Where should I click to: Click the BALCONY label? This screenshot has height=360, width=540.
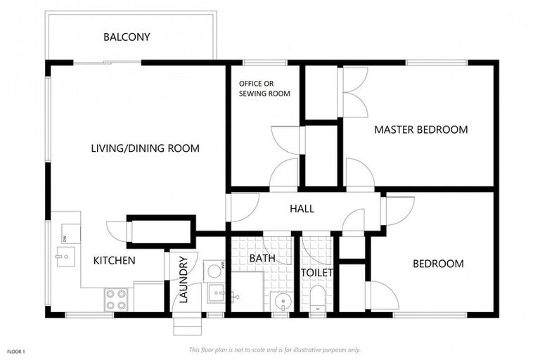point(127,37)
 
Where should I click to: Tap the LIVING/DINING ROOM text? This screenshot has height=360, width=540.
point(145,148)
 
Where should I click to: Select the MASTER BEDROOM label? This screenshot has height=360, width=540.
point(421,129)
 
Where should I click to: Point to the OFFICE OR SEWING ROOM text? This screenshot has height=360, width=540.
point(264,89)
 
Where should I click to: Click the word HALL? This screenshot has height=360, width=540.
point(302,208)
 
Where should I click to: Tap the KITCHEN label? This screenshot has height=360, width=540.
point(114,260)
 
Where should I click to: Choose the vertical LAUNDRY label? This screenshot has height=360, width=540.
point(184,279)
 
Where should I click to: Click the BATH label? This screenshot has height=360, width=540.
point(262,258)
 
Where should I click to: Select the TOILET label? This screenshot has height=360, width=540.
point(317,273)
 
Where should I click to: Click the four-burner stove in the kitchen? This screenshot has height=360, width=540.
point(116,300)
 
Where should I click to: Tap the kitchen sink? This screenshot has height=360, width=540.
point(66,257)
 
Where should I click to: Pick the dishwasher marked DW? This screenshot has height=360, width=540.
point(71,233)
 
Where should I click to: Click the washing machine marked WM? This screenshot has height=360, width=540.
point(214,271)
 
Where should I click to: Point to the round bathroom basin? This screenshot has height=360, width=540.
point(282,302)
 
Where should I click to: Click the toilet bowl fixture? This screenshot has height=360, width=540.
point(317,299)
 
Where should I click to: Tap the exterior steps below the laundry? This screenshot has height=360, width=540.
point(187,323)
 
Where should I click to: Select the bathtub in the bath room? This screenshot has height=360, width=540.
point(247,291)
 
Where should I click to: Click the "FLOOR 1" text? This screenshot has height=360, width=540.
point(16,352)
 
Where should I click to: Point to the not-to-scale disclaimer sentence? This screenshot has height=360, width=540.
point(274,350)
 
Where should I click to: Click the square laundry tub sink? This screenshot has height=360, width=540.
point(216,293)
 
